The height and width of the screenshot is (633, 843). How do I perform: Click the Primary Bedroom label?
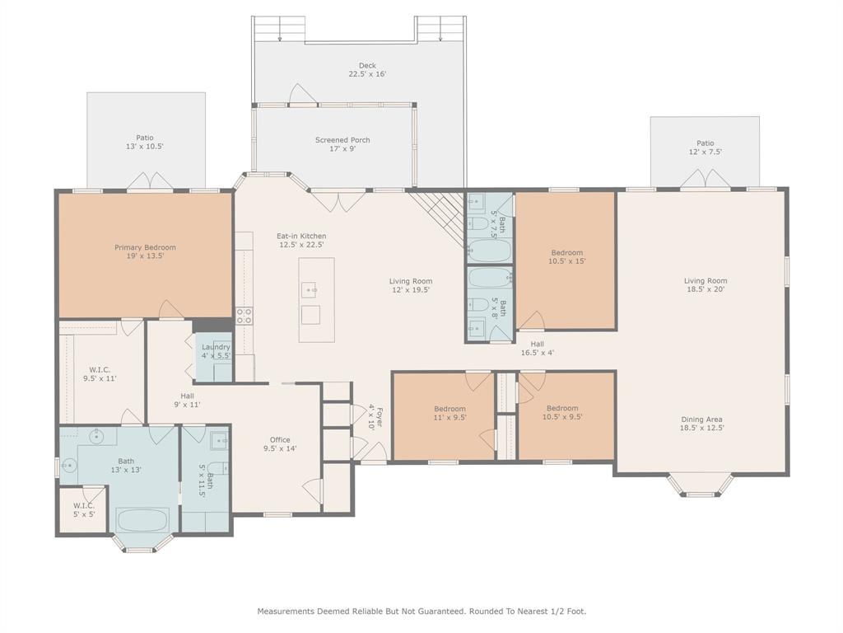145,252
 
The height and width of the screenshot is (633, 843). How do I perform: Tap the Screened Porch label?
342,144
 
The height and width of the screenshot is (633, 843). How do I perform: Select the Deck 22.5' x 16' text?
368,70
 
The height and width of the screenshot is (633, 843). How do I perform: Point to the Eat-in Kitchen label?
301,240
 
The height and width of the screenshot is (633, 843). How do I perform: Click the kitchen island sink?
310,289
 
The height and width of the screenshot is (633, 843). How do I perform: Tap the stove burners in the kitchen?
244,316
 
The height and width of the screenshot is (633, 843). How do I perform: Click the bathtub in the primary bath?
143,521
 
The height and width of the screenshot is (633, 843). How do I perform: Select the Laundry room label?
216,351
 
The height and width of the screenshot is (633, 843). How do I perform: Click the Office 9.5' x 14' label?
280,444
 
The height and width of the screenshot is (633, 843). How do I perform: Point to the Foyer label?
375,416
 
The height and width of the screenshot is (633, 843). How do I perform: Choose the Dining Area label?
701,424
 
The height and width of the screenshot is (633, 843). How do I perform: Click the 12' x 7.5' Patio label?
706,148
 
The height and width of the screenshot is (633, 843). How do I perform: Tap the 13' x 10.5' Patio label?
145,142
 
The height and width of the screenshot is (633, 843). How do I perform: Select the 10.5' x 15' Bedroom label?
566,257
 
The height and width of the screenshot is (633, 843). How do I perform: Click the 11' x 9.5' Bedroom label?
450,413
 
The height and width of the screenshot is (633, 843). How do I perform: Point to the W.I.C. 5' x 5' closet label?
84,509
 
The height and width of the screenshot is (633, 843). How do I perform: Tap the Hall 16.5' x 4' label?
537,349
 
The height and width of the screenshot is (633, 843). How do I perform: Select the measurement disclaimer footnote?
421,612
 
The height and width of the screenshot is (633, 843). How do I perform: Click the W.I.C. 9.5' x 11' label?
100,374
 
